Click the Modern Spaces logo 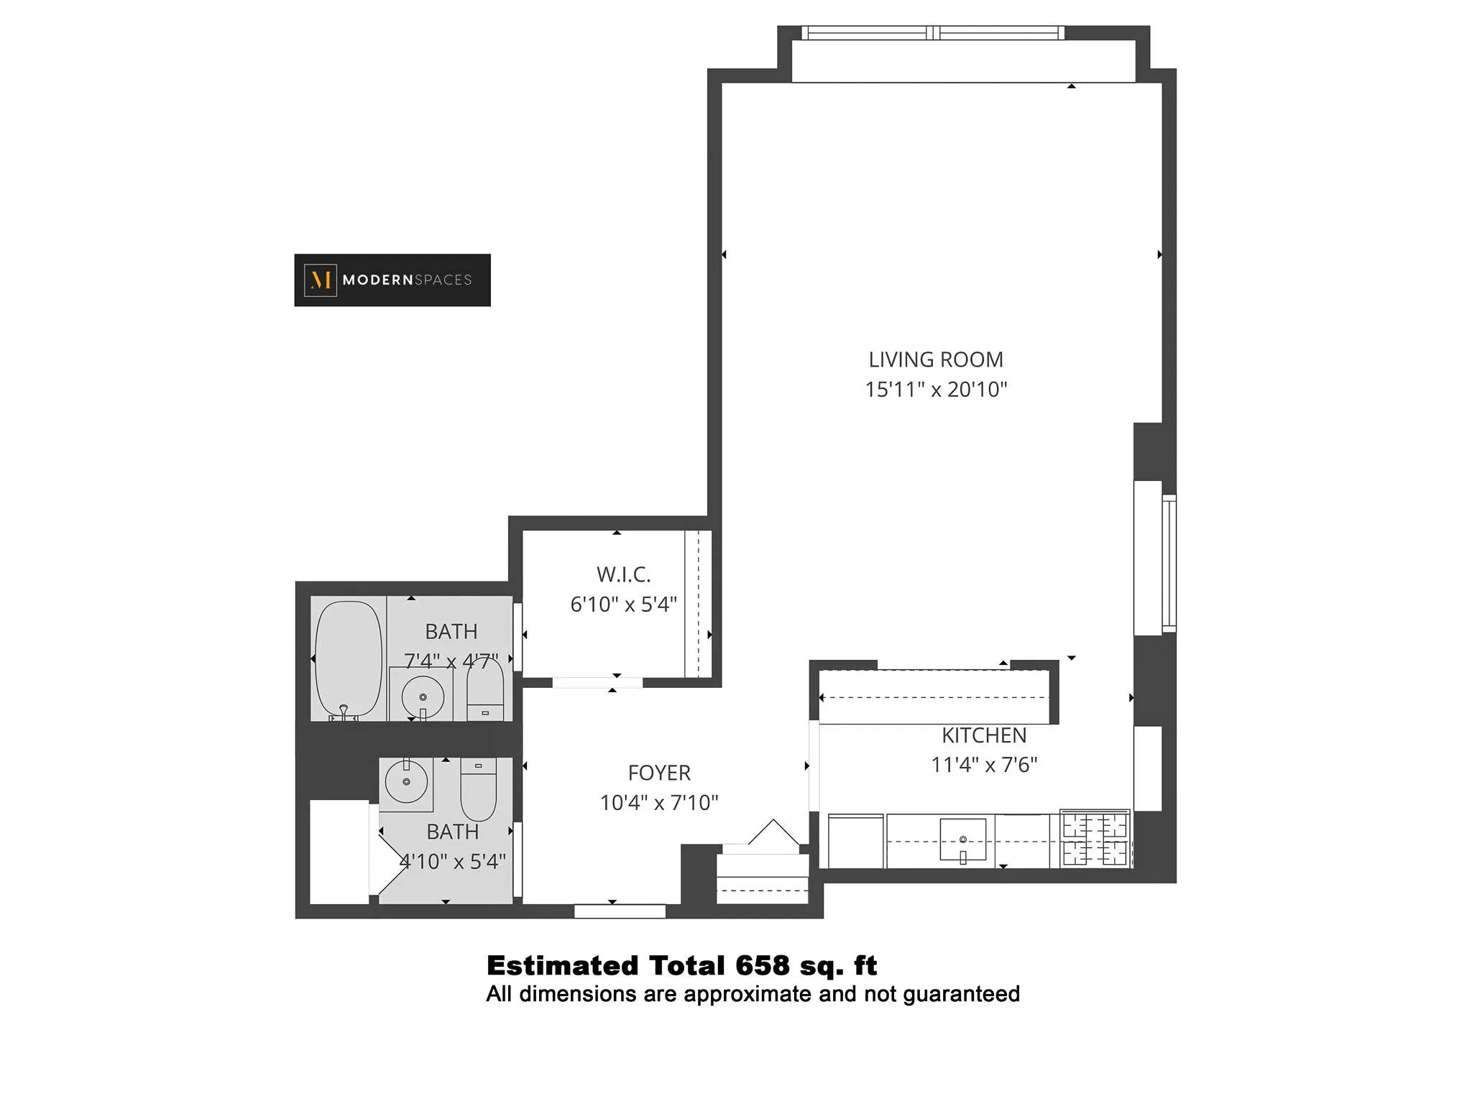point(392,280)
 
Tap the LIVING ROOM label point(935,359)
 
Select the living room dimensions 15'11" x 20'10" point(935,390)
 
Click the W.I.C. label point(623,574)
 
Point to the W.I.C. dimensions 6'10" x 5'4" point(623,604)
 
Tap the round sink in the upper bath point(423,696)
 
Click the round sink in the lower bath point(406,781)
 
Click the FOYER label point(659,773)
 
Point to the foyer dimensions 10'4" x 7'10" point(659,802)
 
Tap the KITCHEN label point(984,735)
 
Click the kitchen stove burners point(1095,839)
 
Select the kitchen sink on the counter point(962,839)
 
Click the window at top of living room point(932,33)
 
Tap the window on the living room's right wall point(1169,563)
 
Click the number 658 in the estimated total point(763,965)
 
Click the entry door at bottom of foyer point(620,911)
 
